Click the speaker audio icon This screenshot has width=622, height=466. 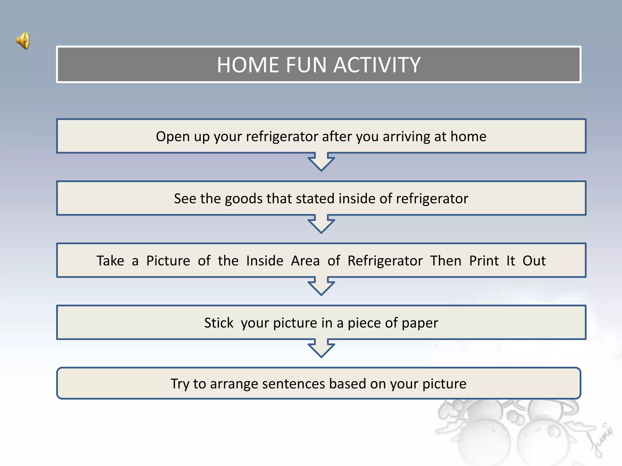click(24, 40)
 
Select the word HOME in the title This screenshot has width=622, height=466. click(248, 65)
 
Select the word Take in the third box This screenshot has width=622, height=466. click(110, 261)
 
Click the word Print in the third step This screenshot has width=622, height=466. click(484, 261)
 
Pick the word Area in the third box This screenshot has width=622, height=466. click(305, 261)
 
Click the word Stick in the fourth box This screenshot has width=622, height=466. click(219, 323)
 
